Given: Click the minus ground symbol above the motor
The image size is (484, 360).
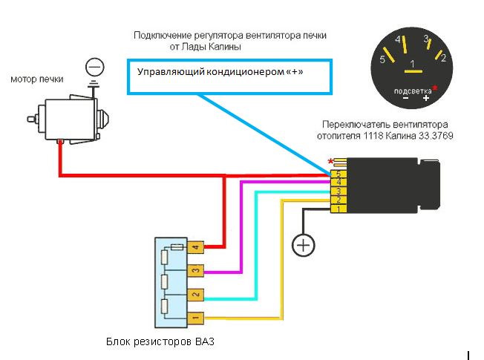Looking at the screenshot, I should (94, 67).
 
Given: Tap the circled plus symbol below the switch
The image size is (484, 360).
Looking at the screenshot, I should (302, 245).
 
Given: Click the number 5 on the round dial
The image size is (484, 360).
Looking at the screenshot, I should (382, 60).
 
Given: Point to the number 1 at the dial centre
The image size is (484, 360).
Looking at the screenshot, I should (413, 65).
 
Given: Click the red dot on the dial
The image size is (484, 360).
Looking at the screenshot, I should (435, 88).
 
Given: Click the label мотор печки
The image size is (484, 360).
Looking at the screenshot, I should (37, 79).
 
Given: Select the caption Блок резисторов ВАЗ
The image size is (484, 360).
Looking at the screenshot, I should (160, 342).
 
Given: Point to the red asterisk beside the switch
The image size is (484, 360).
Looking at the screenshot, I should (330, 161).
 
